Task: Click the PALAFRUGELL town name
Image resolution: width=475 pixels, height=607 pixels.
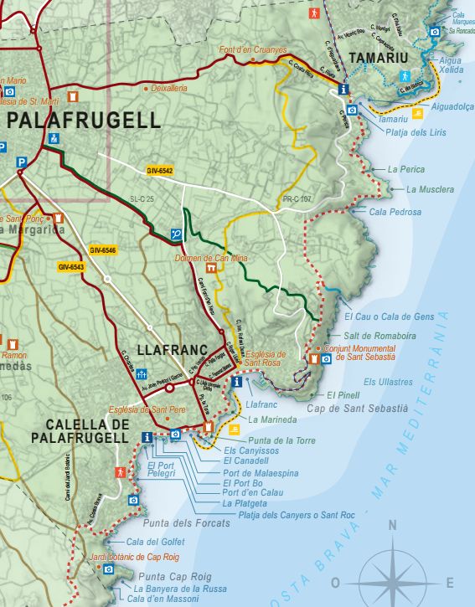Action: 84,120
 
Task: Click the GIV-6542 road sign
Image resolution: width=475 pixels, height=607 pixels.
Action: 159,171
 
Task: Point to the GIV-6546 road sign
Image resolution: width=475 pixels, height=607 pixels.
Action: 103,250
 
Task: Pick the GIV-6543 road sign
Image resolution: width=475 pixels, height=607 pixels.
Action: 72,267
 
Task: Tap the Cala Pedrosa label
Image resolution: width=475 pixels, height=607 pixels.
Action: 395,212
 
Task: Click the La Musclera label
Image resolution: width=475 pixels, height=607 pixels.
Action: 430,190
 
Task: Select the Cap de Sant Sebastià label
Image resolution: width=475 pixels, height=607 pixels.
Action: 356,409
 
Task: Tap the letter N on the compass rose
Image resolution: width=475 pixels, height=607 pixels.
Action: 391,527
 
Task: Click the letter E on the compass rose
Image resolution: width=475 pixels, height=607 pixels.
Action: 450,583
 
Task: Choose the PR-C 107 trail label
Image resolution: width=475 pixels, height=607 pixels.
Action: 297,199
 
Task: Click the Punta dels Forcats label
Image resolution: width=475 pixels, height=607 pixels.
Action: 186,523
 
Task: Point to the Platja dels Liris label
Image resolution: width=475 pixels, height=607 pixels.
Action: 416,133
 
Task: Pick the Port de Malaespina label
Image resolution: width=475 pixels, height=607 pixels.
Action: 261,472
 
